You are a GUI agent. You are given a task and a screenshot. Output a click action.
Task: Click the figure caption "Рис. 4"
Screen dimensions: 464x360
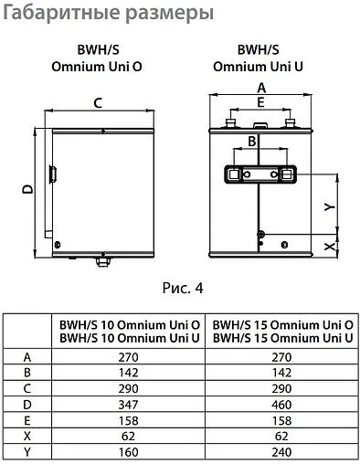pyautogui.click(x=181, y=290)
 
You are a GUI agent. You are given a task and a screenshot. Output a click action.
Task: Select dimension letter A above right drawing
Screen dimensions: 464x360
pyautogui.click(x=261, y=87)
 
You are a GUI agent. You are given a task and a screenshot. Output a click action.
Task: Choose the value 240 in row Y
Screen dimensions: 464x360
pyautogui.click(x=282, y=453)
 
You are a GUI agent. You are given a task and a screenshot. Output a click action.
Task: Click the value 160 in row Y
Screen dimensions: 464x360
pyautogui.click(x=128, y=453)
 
